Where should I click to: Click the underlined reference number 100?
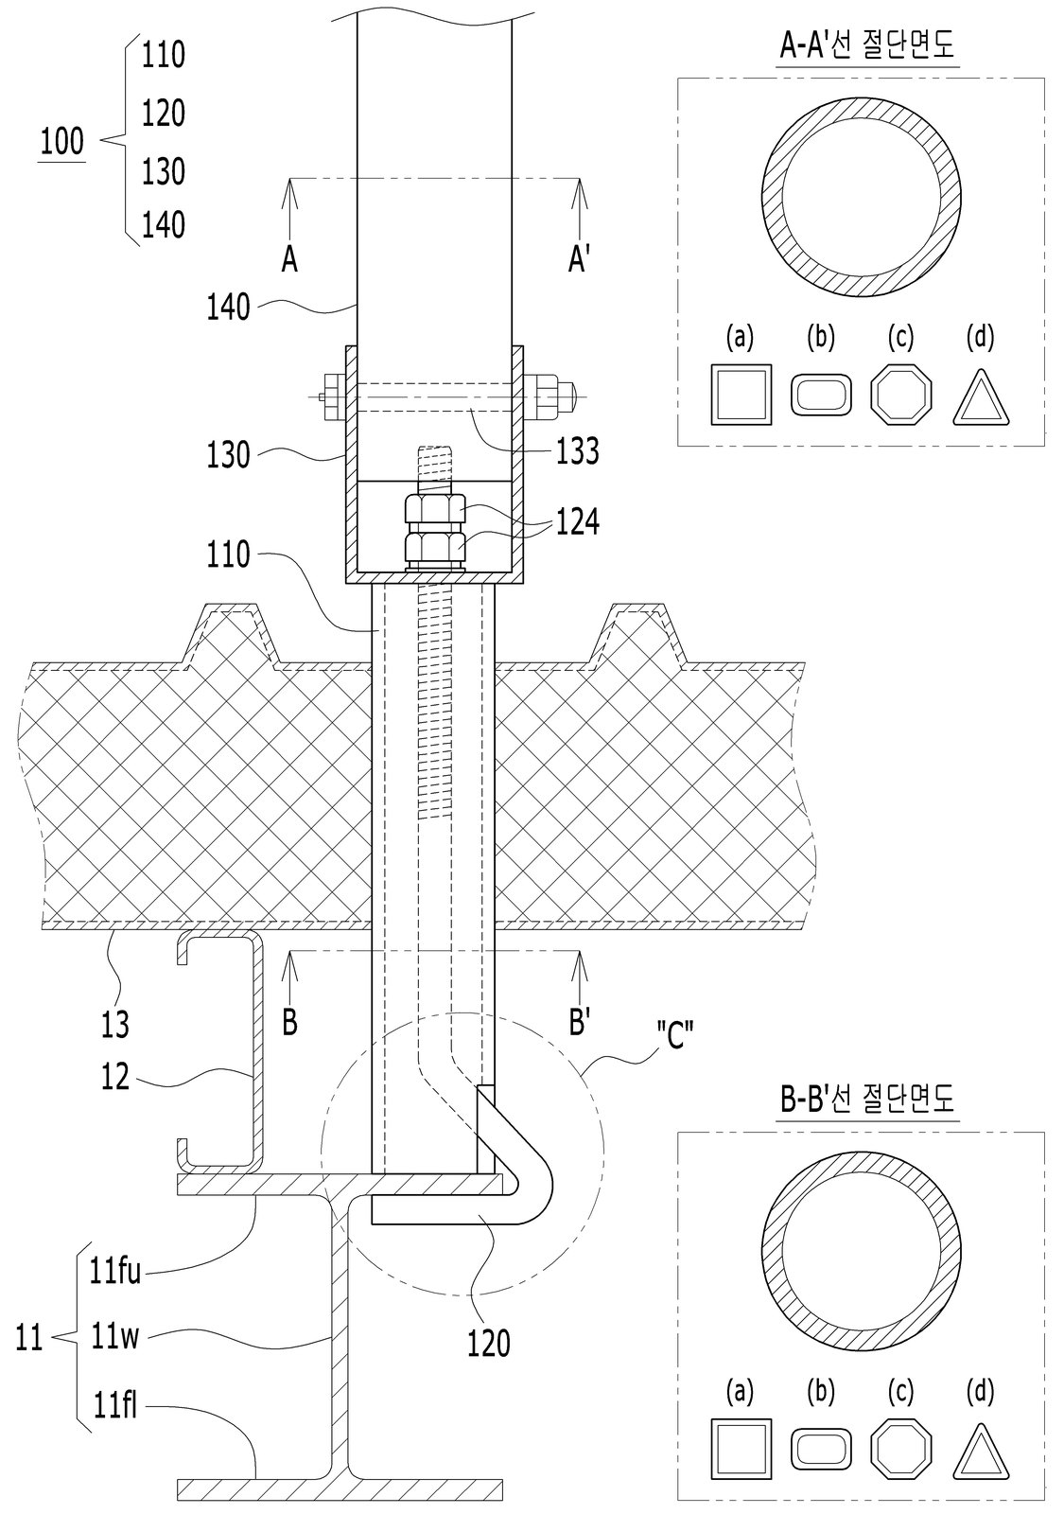62,142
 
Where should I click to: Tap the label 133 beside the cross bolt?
578,450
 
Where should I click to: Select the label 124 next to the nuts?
578,521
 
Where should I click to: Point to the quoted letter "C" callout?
675,1034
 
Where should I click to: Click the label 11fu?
114,1272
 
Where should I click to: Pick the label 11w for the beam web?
114,1336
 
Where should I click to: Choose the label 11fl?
114,1406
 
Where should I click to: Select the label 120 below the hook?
488,1343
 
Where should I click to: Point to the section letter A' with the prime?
578,258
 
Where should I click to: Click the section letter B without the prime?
289,1022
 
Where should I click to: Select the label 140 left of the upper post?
228,308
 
